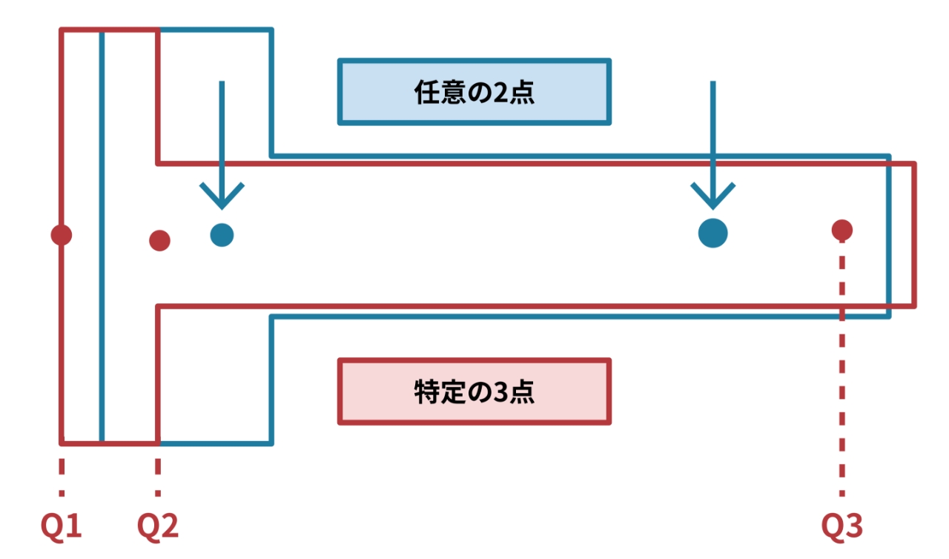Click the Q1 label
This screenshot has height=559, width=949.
click(x=61, y=527)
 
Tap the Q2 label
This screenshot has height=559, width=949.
click(x=158, y=527)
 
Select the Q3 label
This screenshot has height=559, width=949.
click(x=842, y=527)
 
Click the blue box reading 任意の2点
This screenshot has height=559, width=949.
click(x=474, y=92)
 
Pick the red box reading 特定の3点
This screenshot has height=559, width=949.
click(x=474, y=391)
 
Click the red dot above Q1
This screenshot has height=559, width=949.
click(x=62, y=235)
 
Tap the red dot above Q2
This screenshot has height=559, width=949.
click(x=159, y=240)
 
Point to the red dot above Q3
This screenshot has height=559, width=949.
click(x=841, y=230)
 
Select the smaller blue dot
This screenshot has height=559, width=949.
click(x=222, y=235)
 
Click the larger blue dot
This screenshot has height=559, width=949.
click(x=712, y=233)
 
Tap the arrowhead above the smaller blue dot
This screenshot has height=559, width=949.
click(x=222, y=196)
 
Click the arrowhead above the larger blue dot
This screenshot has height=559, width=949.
click(x=712, y=196)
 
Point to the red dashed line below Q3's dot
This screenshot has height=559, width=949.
click(x=841, y=371)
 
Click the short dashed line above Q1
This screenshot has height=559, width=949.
click(x=62, y=475)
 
